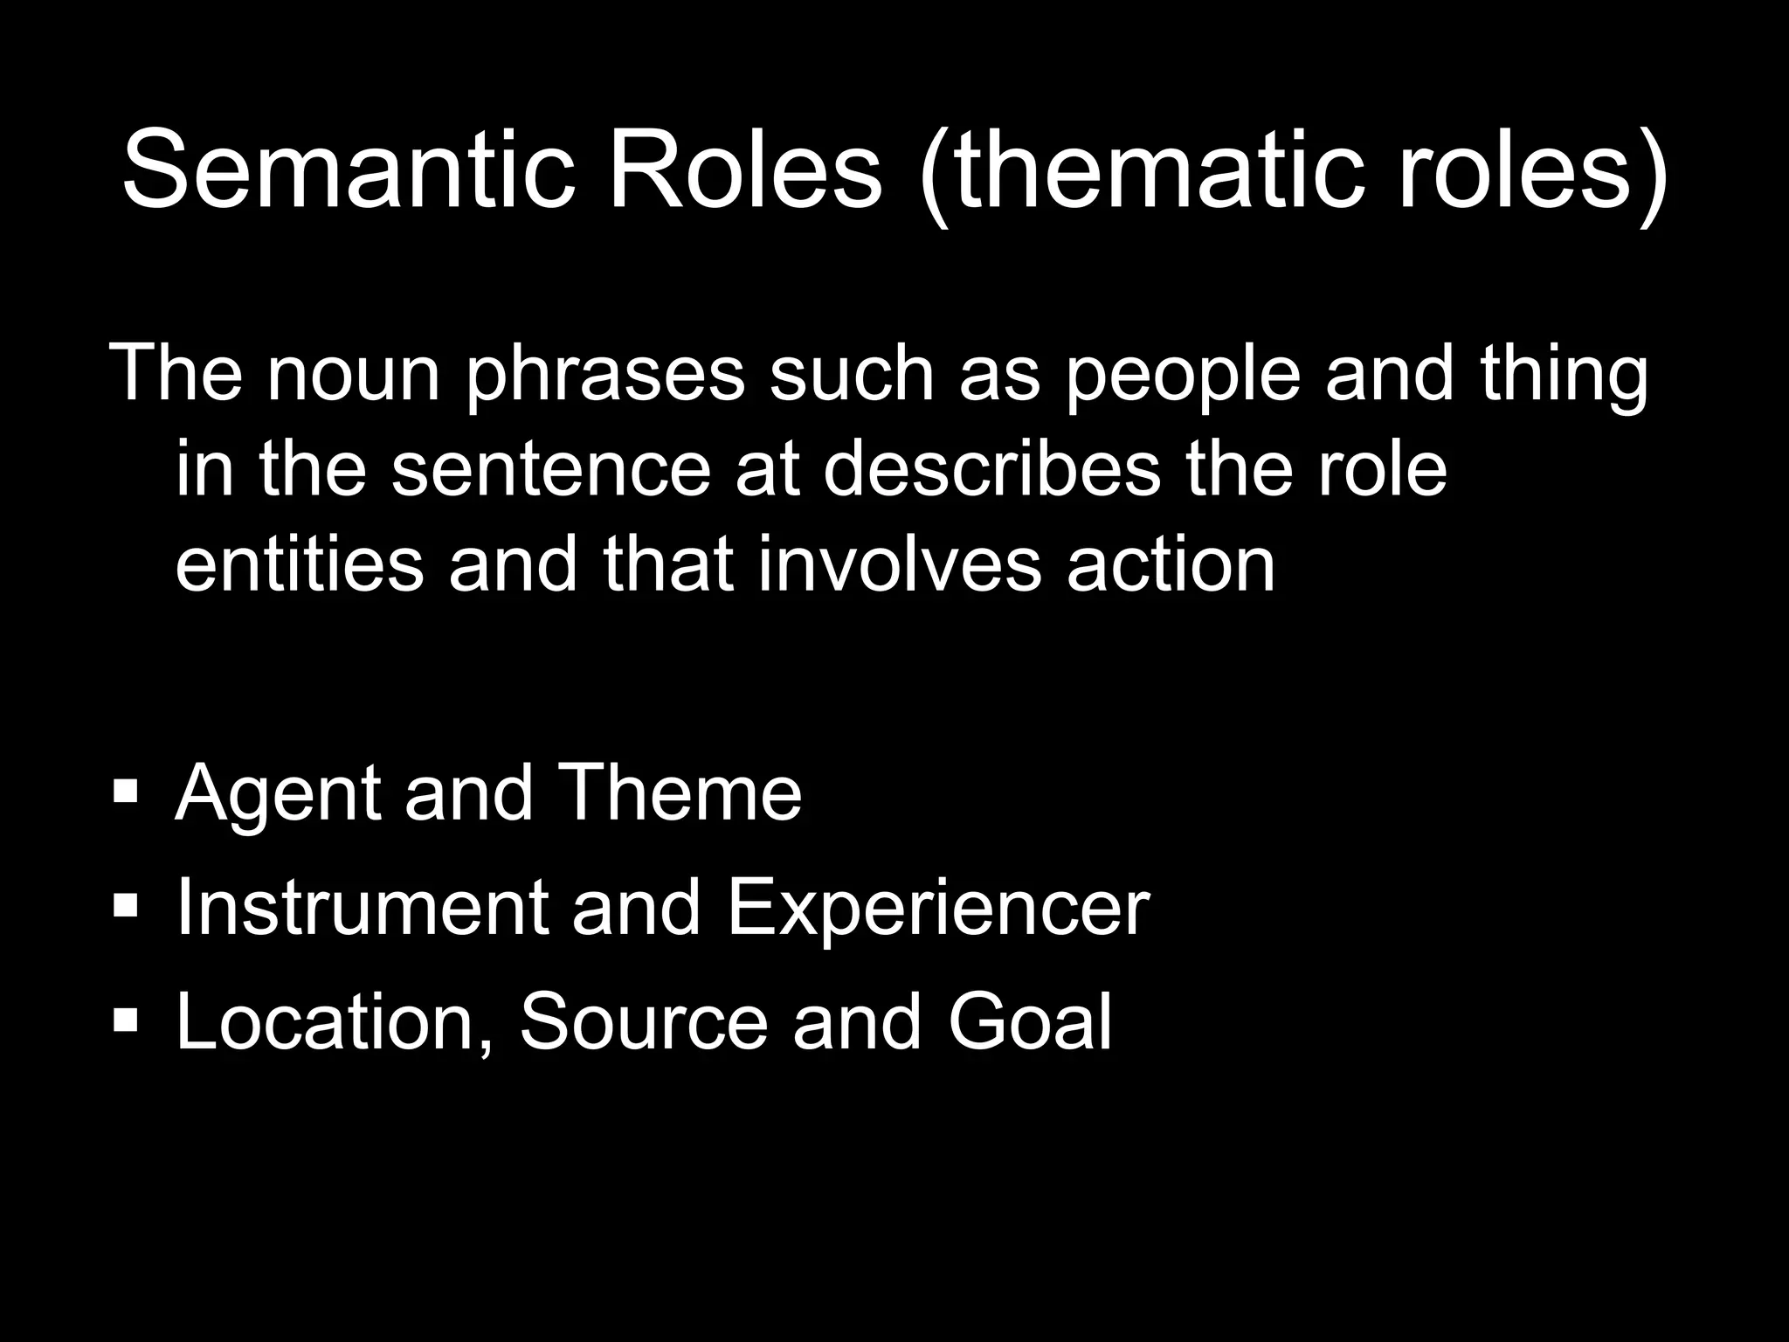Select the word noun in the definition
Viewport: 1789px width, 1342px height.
pyautogui.click(x=353, y=374)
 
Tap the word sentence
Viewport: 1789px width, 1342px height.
pyautogui.click(x=550, y=470)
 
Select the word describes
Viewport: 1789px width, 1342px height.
pyautogui.click(x=991, y=470)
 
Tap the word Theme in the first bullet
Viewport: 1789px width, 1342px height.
pyautogui.click(x=678, y=792)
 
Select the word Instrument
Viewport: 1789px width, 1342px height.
pyautogui.click(x=362, y=909)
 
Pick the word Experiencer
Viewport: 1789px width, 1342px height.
pyautogui.click(x=937, y=909)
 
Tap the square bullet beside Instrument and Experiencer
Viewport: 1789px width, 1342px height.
pyautogui.click(x=126, y=908)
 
